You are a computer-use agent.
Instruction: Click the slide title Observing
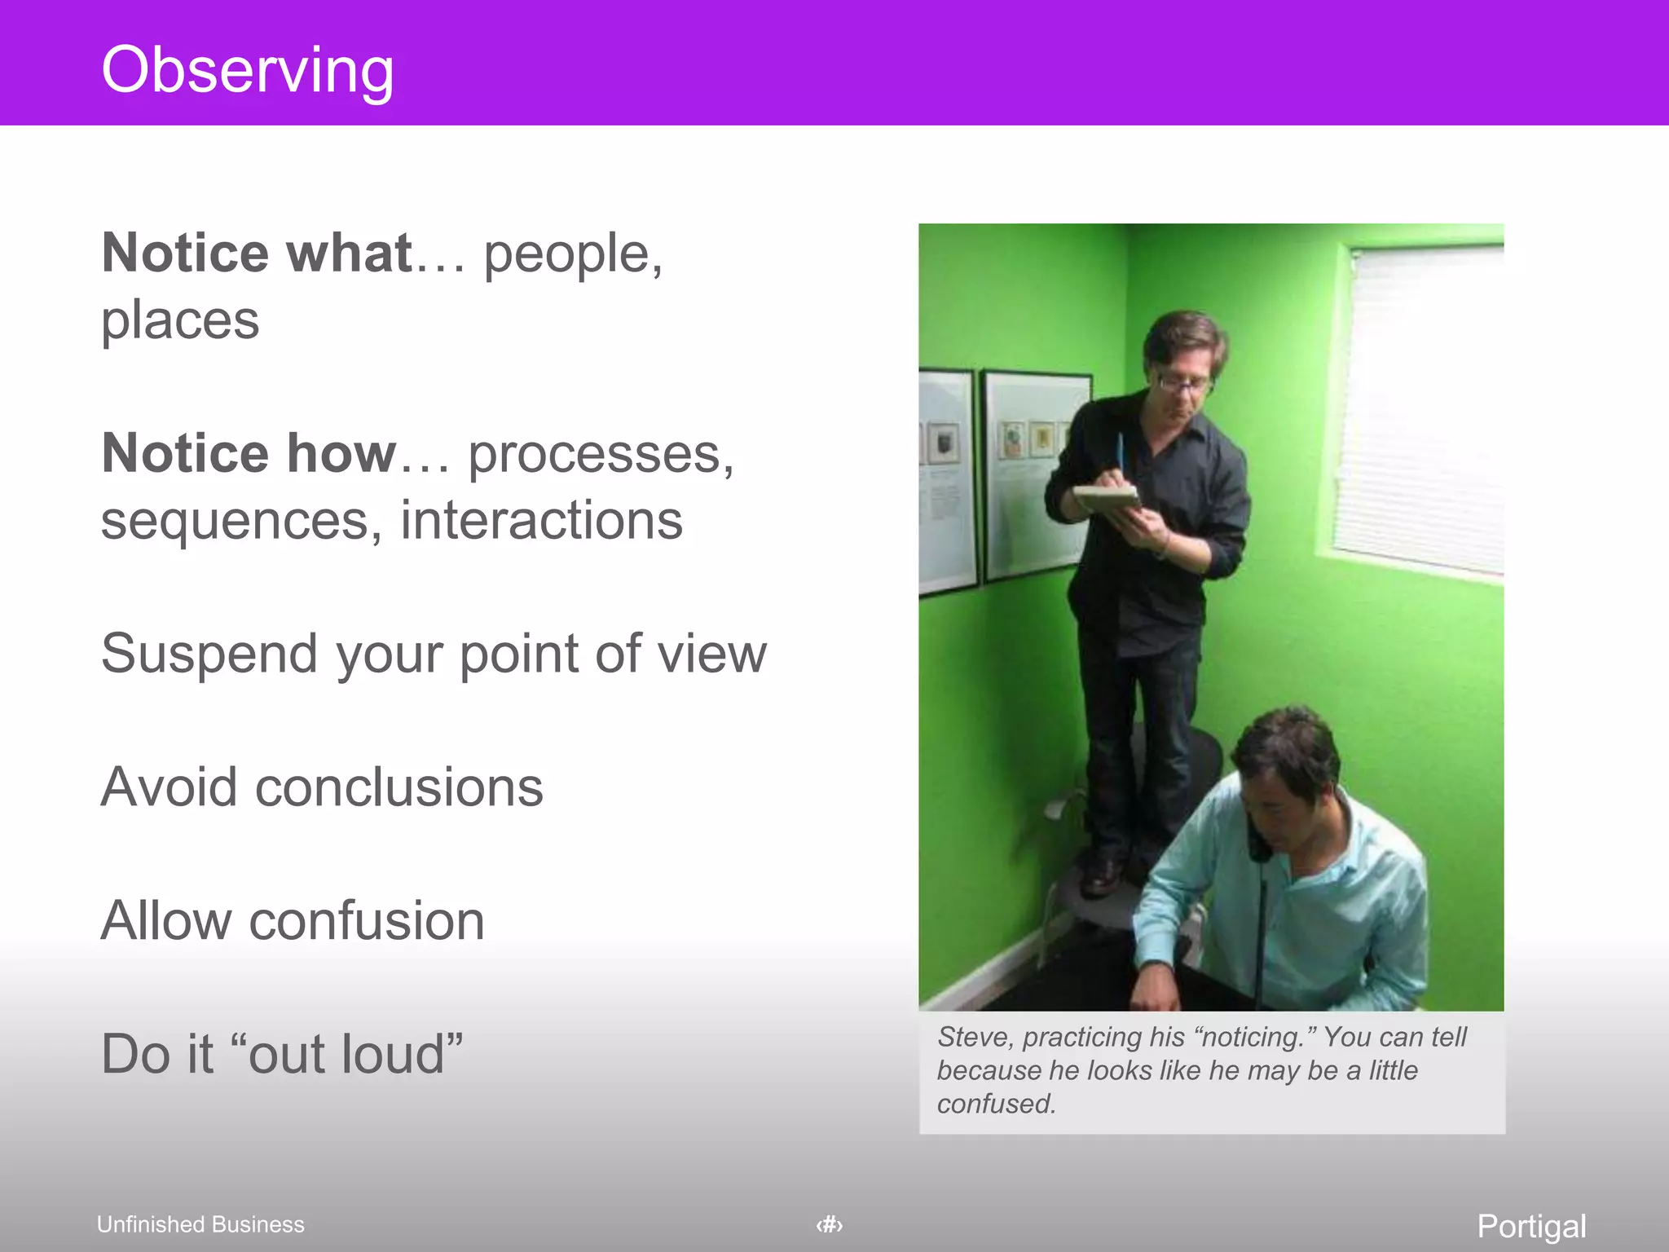click(x=248, y=70)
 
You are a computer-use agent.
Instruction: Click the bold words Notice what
click(x=257, y=253)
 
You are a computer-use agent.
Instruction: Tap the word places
click(x=180, y=320)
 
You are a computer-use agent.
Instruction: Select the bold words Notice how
click(x=249, y=453)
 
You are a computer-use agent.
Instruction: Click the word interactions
click(x=541, y=520)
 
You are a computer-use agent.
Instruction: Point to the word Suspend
click(x=209, y=654)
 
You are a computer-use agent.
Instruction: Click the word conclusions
click(x=399, y=787)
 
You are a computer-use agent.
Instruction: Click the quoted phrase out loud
click(x=347, y=1055)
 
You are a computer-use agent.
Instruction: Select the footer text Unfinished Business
click(x=200, y=1224)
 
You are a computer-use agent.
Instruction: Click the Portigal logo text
click(x=1531, y=1226)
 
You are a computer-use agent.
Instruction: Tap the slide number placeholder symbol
click(x=830, y=1224)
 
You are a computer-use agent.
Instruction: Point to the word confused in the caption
click(x=996, y=1104)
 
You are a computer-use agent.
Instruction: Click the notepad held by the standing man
click(x=1107, y=497)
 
